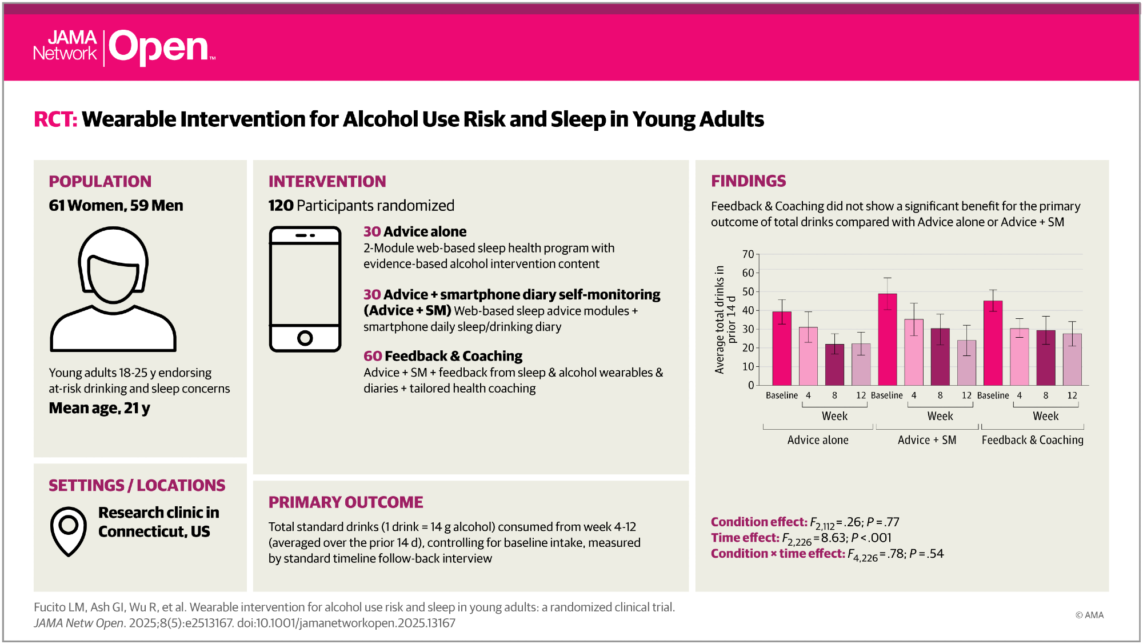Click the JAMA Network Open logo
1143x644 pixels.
pos(124,47)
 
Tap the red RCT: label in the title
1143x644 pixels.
pos(55,119)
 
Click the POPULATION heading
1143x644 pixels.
pos(100,181)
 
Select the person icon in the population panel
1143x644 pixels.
pos(113,289)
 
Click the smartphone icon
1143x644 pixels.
pos(305,289)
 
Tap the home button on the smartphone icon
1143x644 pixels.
pos(305,338)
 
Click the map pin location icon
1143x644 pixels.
pos(69,530)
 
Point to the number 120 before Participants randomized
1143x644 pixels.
pos(281,206)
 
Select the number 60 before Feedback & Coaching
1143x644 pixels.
pos(373,356)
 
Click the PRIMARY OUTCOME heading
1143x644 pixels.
pos(346,502)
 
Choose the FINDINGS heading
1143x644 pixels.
pos(748,181)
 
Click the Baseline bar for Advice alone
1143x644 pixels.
pos(782,348)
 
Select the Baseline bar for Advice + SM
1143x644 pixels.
pos(887,339)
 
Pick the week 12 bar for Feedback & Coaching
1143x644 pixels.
pos(1072,359)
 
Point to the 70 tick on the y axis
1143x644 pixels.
pos(748,254)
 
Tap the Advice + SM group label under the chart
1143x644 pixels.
pos(926,440)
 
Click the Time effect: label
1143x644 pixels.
pos(745,538)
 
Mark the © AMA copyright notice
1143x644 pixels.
pos(1089,615)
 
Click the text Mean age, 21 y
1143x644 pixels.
pos(99,408)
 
